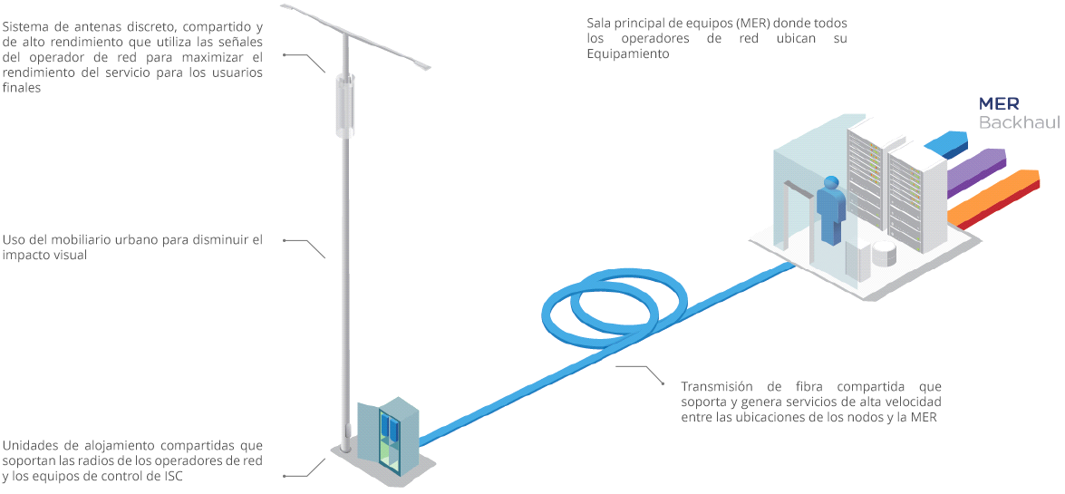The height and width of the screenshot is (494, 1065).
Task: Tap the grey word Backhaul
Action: [1019, 121]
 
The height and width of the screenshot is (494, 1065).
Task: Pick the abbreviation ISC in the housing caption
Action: [171, 478]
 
